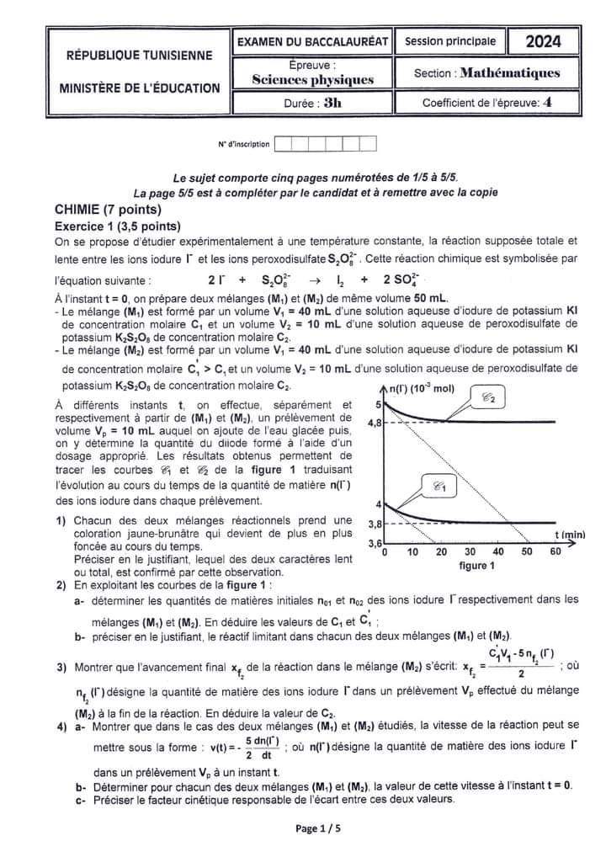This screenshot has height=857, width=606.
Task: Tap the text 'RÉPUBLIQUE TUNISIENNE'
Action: [x=140, y=56]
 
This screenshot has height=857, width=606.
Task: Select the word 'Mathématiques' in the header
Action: [x=509, y=73]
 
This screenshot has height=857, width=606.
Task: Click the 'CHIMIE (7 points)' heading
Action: [x=108, y=209]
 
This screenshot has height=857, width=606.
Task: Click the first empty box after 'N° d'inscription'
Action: [x=284, y=144]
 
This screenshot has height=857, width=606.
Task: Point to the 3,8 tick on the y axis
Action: [x=375, y=524]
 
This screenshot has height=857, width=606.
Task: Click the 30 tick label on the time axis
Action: [x=470, y=552]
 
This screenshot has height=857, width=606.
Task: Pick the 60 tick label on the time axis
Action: [x=555, y=552]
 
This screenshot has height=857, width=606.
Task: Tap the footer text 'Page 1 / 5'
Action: [x=318, y=828]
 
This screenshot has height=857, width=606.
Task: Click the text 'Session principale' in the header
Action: [x=450, y=41]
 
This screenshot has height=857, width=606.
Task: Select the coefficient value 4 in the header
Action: [x=548, y=103]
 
